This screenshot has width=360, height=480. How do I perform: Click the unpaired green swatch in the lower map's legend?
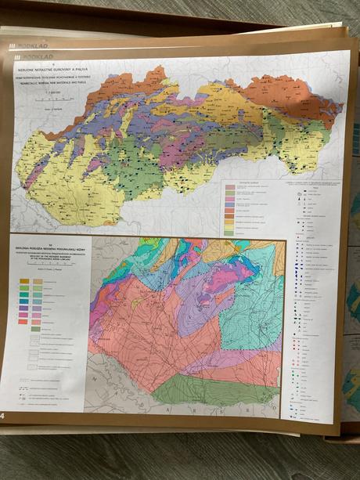point(36,329)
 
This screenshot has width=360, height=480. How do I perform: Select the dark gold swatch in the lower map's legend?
point(24,280)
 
